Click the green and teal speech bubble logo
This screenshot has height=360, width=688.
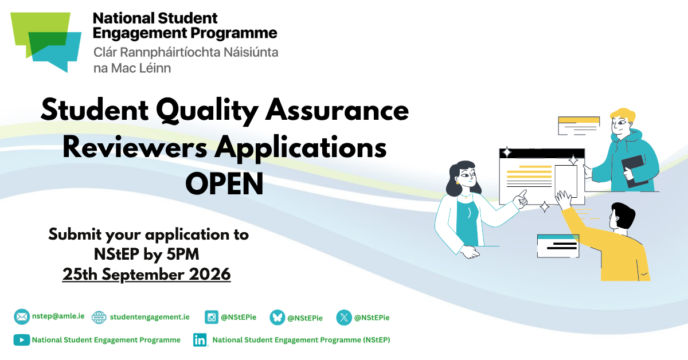pos(46,42)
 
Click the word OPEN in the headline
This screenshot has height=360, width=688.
pos(225,184)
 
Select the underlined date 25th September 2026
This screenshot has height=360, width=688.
pos(147,274)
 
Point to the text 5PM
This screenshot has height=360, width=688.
pos(183,255)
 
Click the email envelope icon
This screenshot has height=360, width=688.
pos(22,316)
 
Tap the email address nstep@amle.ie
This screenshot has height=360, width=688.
pos(58,316)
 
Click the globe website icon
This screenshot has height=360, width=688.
pos(99,318)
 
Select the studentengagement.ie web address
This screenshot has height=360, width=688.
pos(150,317)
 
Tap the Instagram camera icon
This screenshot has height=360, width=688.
pos(212,317)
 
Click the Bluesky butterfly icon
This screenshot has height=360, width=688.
pos(277,318)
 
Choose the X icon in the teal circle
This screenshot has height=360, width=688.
pos(344,318)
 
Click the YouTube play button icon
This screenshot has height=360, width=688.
pos(22,340)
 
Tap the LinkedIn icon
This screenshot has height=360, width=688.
pos(200,340)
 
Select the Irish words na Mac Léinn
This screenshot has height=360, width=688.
pos(132,68)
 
